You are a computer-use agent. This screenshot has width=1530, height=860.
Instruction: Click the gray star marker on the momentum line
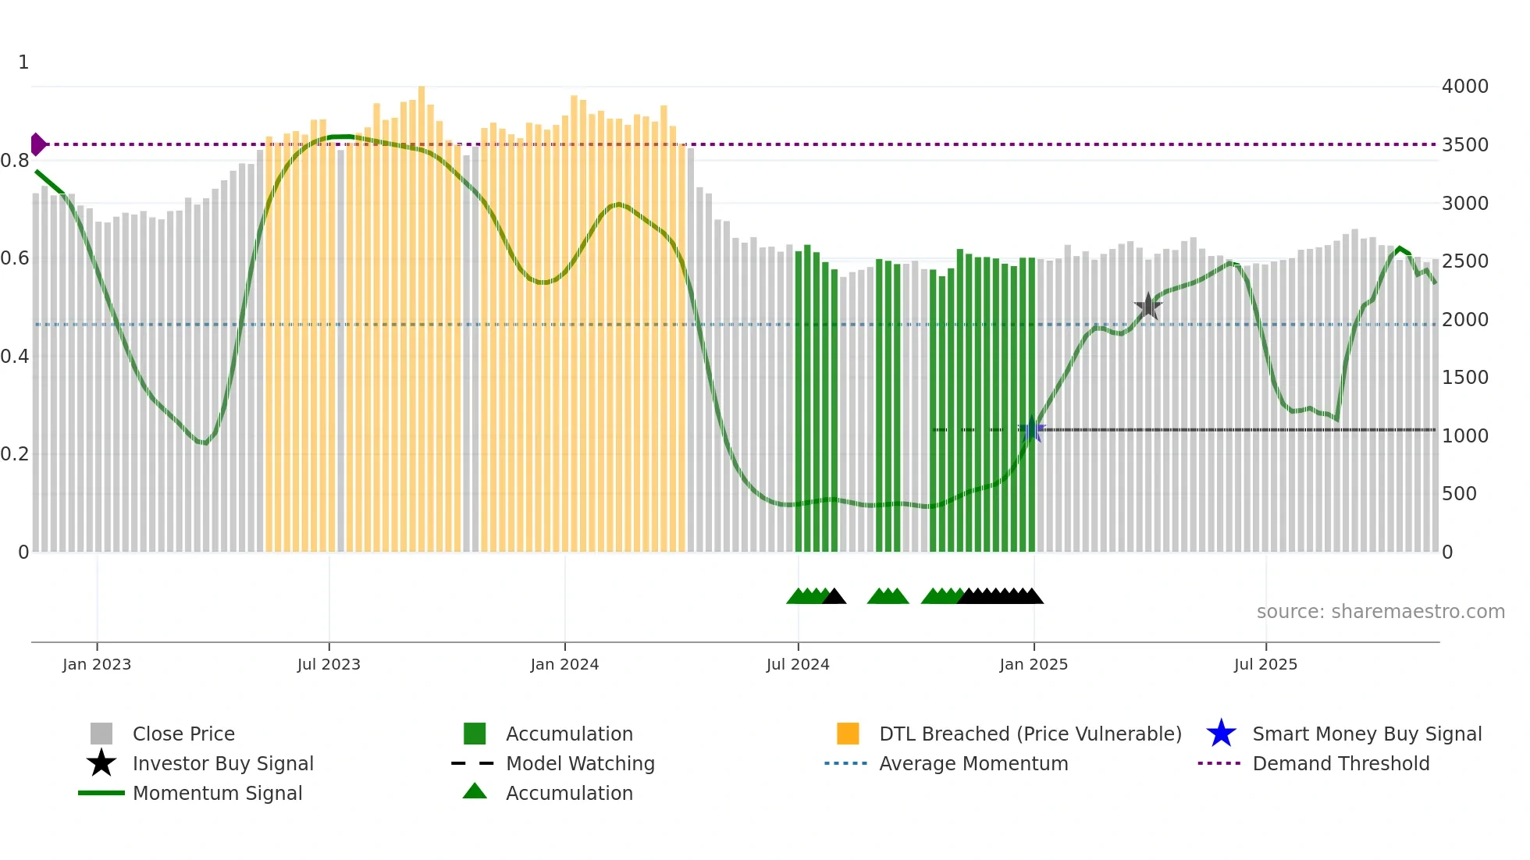coord(1147,307)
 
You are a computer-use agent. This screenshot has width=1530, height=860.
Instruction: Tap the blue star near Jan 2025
coord(1033,428)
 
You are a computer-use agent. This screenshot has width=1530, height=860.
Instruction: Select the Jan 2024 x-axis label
coord(564,664)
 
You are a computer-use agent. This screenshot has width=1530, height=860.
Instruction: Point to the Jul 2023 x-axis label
coord(329,664)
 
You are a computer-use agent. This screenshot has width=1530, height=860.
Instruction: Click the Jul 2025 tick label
coord(1265,664)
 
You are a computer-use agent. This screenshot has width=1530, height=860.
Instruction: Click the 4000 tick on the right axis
coord(1464,87)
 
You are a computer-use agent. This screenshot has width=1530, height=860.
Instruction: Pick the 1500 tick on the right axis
coord(1464,378)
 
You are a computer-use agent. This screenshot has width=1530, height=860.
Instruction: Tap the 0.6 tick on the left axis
coord(15,258)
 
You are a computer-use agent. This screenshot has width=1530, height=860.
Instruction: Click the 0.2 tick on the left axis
coord(15,454)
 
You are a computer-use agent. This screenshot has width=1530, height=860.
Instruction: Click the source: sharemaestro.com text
coord(1380,612)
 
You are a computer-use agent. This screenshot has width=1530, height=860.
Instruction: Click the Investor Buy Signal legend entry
coord(222,763)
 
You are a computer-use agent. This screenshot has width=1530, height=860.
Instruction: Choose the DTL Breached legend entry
coord(1030,734)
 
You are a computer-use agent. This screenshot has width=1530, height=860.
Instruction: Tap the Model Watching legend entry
coord(580,763)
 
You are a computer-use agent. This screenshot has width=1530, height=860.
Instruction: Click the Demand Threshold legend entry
coord(1340,763)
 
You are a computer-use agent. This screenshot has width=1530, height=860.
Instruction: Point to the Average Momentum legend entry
coord(973,763)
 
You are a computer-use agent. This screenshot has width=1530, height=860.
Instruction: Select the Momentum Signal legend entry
coord(217,793)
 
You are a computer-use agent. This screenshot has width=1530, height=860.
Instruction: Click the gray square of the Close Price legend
coord(101,734)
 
